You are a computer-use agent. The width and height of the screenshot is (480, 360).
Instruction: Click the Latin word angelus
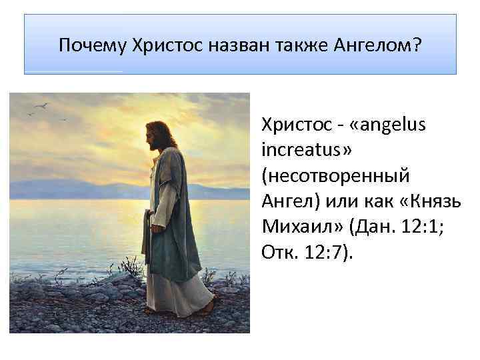click(x=387, y=125)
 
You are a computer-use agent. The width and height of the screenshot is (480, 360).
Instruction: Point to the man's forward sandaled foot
click(x=209, y=308)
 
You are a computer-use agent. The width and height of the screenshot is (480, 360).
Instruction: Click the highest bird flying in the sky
click(x=45, y=105)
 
